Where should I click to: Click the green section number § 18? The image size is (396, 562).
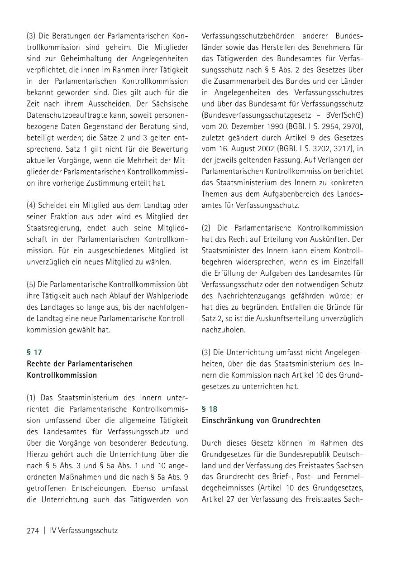(209, 408)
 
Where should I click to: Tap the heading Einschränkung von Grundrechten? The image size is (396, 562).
(261, 420)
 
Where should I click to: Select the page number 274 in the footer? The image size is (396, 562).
(33, 530)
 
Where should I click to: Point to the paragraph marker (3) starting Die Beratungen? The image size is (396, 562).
(32, 35)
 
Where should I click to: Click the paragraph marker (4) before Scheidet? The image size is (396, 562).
(32, 205)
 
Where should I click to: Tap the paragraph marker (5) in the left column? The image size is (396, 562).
(32, 284)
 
